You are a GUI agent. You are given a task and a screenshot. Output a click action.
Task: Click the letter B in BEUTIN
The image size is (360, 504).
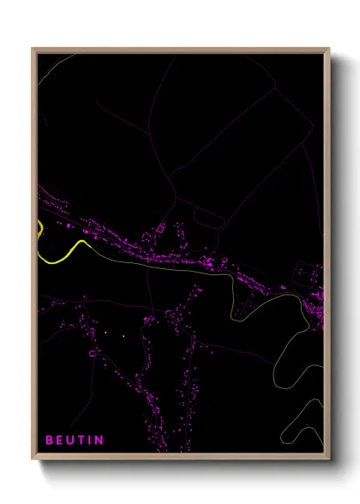pyautogui.click(x=49, y=441)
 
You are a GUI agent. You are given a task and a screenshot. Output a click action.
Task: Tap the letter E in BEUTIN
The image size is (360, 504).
pyautogui.click(x=60, y=441)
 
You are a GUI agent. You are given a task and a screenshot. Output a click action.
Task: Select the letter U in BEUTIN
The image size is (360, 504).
pyautogui.click(x=71, y=441)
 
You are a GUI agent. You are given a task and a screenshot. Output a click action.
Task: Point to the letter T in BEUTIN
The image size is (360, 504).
pyautogui.click(x=82, y=441)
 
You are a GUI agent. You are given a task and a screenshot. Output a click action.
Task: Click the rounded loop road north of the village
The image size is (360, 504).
pyautogui.click(x=211, y=219)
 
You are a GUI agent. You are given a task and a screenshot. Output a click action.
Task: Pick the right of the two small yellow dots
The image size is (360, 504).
pyautogui.click(x=123, y=335)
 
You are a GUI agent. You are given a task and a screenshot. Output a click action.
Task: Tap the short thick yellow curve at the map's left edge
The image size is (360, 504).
pyautogui.click(x=39, y=230)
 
